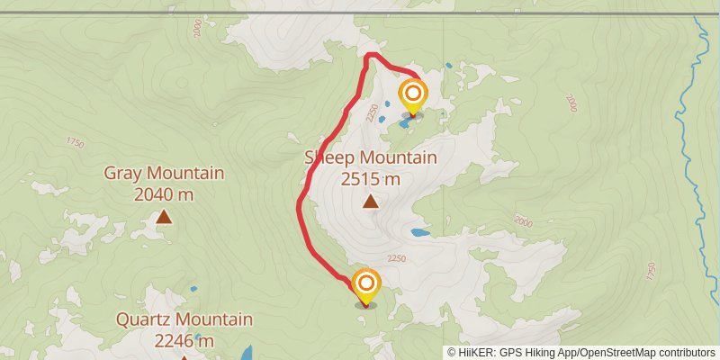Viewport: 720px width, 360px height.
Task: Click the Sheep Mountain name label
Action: tap(370, 158)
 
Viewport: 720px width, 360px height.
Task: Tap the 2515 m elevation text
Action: tap(370, 179)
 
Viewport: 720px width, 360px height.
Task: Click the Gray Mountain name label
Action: tap(164, 173)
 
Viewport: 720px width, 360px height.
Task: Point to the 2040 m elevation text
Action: tap(164, 193)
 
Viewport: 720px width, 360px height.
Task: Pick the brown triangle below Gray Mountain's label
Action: tap(164, 216)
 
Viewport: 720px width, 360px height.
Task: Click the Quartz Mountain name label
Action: tap(184, 319)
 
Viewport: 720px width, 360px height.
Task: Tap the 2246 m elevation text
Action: tap(184, 340)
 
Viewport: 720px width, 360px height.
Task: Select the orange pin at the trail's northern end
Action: tap(413, 95)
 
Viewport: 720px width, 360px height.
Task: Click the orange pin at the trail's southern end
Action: tap(366, 285)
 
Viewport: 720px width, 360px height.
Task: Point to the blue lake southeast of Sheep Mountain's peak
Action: tap(419, 232)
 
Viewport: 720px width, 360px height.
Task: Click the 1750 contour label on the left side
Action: tap(74, 142)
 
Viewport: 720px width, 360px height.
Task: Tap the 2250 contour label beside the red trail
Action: tap(374, 112)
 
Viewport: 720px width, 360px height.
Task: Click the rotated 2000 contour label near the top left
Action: tap(198, 29)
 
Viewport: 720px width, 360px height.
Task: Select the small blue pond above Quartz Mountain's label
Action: tap(193, 290)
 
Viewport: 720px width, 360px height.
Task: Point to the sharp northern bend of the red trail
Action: tap(368, 57)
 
